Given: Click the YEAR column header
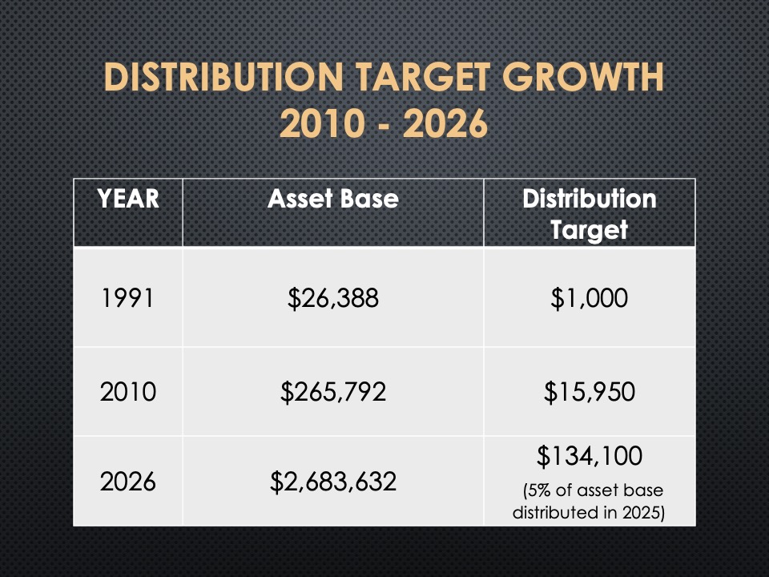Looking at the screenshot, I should click(x=128, y=200).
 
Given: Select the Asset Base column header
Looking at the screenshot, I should click(x=332, y=200).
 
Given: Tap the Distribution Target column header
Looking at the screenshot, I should click(x=589, y=214).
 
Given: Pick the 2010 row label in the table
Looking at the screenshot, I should click(x=128, y=392).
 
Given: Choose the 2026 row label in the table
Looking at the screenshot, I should click(x=128, y=482).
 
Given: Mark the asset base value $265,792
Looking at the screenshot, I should click(x=332, y=392).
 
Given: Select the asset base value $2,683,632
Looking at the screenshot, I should click(x=332, y=482).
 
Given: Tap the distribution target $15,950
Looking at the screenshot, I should click(x=589, y=392).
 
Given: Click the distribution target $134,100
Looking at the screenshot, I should click(x=589, y=457).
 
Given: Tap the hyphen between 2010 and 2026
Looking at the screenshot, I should click(x=382, y=125).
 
